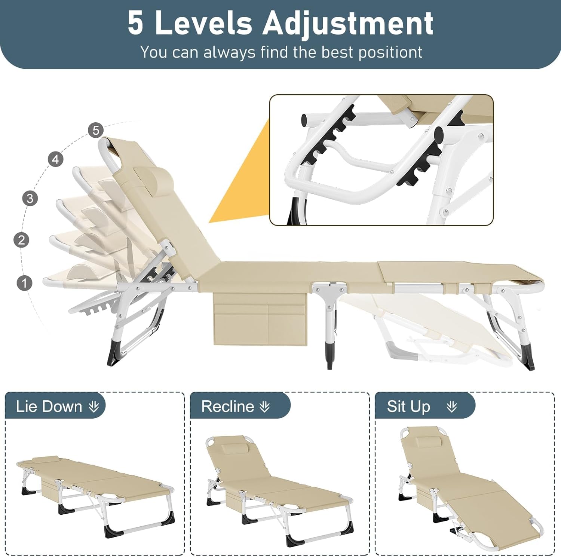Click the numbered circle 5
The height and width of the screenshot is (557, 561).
click(96, 130)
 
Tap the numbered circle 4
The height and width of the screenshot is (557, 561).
click(55, 159)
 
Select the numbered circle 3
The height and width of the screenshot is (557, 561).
click(30, 198)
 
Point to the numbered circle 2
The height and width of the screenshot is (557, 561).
click(21, 240)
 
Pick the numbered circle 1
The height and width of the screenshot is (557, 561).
click(25, 283)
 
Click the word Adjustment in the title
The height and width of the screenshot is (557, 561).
click(347, 23)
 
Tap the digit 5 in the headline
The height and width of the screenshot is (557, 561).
click(135, 23)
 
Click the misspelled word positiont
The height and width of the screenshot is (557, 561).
click(390, 52)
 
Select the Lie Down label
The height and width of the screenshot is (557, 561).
click(49, 406)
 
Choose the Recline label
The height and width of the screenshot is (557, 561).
click(227, 406)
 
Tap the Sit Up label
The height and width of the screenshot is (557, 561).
click(408, 406)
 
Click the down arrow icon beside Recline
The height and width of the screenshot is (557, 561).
click(264, 407)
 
